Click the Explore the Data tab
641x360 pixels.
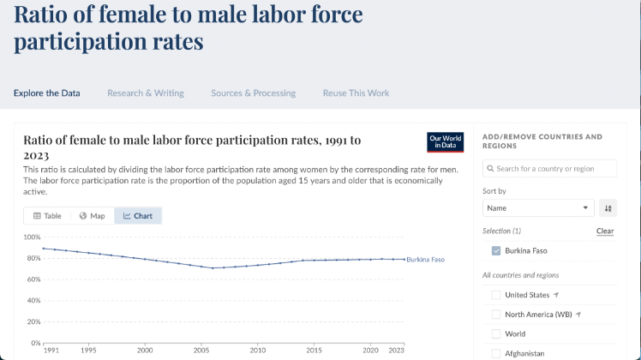click(47, 93)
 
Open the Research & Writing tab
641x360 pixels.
click(146, 93)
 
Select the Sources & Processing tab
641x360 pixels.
click(253, 93)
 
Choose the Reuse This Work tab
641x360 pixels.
click(356, 93)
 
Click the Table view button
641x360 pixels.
click(48, 216)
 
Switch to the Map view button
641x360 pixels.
click(92, 216)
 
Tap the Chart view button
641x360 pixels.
click(138, 216)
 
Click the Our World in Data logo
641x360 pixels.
click(446, 142)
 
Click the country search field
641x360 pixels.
click(550, 169)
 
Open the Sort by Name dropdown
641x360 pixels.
click(538, 207)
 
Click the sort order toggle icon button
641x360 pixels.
click(608, 207)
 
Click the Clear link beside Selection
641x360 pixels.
click(605, 231)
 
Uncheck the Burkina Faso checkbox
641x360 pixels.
click(496, 251)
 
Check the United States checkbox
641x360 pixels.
click(496, 295)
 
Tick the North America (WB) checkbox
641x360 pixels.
click(496, 315)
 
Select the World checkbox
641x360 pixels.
click(496, 334)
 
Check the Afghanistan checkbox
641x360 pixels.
click(496, 353)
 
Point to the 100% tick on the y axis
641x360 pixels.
click(32, 237)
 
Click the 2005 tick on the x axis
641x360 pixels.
click(201, 350)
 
